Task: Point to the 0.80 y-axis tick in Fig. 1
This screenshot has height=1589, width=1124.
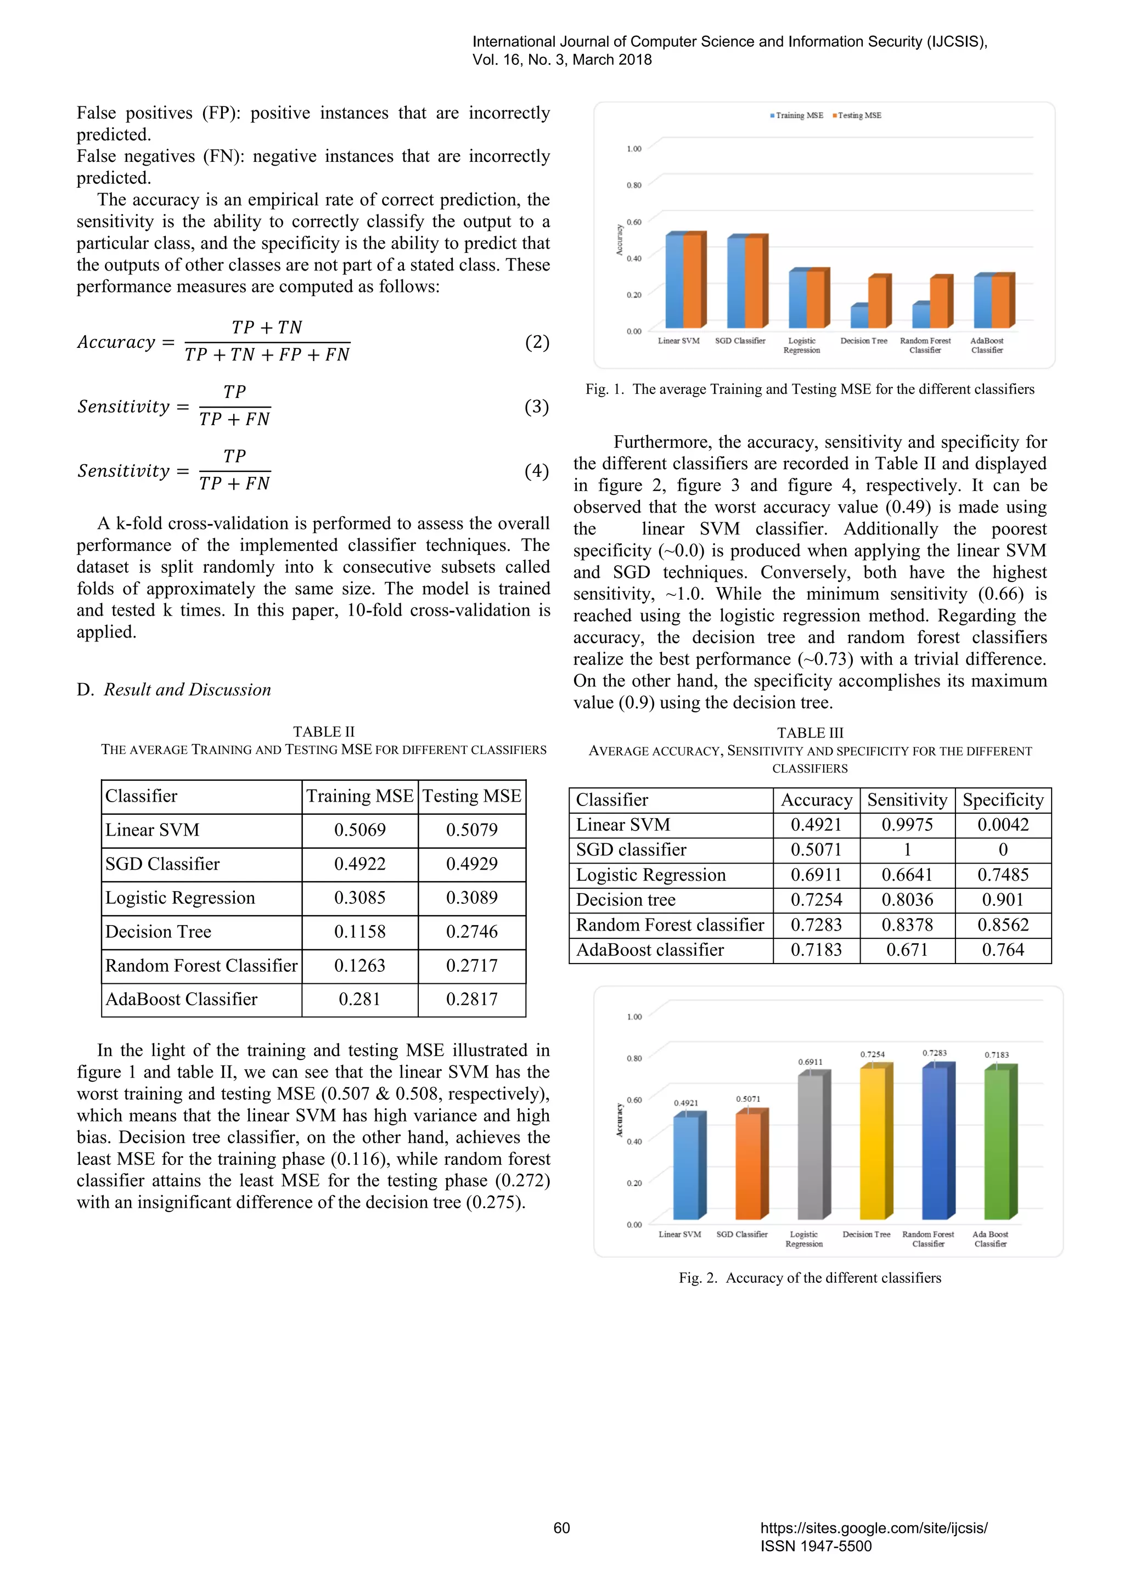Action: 633,185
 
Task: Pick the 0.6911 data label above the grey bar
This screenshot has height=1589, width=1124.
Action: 810,1062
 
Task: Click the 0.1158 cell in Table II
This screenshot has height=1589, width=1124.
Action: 359,932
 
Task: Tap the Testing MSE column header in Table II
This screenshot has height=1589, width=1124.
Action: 471,797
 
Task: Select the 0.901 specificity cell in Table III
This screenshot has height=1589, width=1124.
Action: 1002,900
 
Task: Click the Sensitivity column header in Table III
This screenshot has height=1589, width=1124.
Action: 907,800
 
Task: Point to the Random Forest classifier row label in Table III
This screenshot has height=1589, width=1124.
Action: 669,925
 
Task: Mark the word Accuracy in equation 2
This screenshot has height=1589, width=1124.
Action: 116,342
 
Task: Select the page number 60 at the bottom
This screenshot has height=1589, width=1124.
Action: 561,1528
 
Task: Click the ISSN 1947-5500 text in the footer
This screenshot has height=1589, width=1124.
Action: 816,1546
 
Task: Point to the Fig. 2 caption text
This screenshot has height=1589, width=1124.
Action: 810,1277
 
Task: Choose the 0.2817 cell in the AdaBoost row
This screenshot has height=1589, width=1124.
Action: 471,999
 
